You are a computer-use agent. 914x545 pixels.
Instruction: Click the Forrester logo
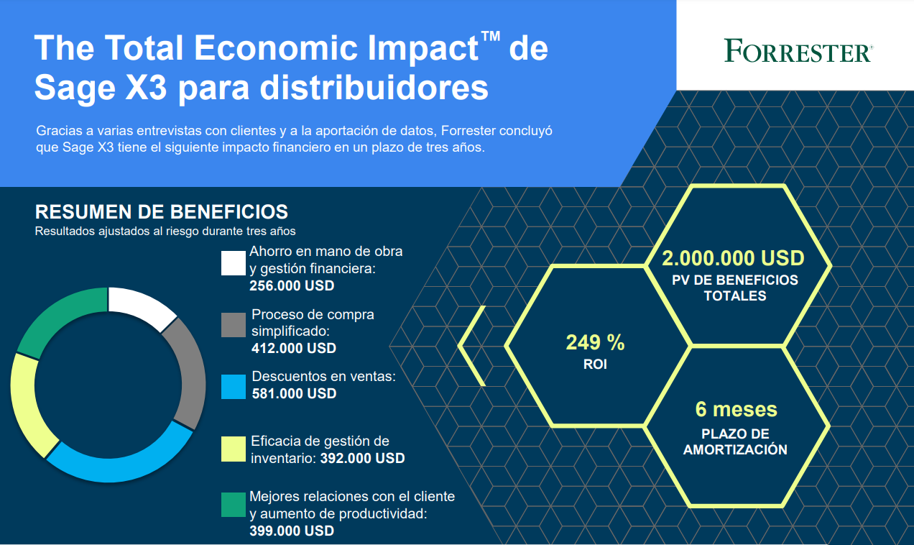798,50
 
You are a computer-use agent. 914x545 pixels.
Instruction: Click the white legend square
234,263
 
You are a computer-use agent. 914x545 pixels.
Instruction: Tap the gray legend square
234,325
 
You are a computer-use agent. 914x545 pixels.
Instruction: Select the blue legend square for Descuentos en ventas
234,387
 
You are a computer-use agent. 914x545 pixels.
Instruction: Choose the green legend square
234,505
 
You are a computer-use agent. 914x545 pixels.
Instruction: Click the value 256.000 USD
292,285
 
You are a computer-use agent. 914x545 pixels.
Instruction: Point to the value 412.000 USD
294,348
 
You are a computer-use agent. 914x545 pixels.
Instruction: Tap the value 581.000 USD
294,393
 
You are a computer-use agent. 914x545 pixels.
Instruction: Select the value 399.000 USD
292,531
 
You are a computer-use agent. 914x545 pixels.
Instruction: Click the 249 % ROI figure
595,342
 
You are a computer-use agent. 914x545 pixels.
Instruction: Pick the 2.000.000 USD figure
733,258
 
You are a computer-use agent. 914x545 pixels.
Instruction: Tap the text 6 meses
736,409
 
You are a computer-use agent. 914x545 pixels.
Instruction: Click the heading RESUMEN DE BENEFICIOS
162,212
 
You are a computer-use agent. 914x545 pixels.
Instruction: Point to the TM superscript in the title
491,36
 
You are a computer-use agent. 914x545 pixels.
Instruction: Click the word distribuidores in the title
374,88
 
